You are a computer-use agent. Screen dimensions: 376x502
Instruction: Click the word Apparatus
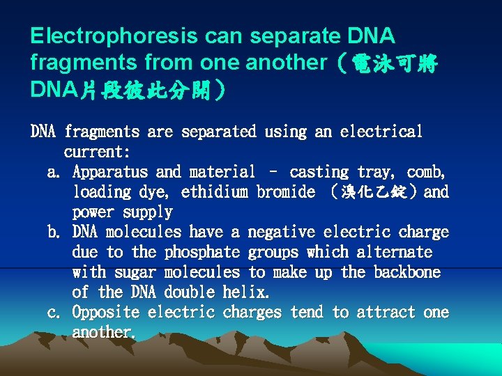point(109,172)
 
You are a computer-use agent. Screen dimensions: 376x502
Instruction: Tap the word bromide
point(286,192)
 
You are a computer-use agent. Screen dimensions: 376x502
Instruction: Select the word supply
point(147,212)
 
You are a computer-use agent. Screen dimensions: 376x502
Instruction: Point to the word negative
point(281,233)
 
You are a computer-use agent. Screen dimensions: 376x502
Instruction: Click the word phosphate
point(201,252)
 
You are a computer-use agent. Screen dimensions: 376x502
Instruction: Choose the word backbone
point(407,272)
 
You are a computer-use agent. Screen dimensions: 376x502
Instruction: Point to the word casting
point(319,172)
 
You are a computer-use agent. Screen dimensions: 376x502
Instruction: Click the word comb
point(427,172)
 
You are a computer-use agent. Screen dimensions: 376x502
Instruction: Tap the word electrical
point(381,132)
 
